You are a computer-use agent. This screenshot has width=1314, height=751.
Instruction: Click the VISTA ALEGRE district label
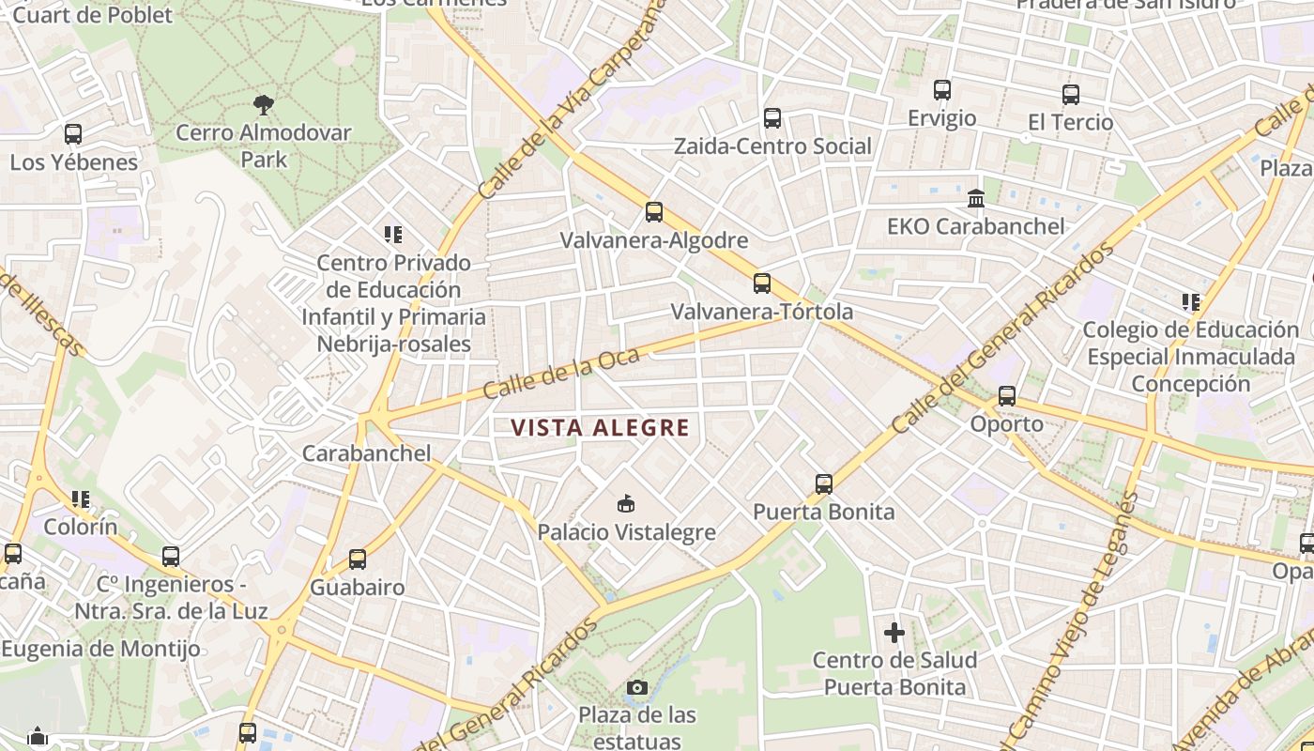(x=600, y=428)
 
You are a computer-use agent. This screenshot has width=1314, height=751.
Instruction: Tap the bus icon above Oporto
(x=1007, y=396)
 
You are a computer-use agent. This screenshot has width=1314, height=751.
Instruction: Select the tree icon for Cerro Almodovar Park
(x=264, y=104)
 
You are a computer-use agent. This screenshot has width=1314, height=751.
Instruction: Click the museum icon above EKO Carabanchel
(x=976, y=199)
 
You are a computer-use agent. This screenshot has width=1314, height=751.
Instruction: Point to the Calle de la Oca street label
(x=561, y=373)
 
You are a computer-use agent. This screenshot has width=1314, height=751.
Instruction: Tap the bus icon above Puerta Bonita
(x=824, y=484)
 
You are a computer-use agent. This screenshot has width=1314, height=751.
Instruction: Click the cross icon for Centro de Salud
(x=894, y=633)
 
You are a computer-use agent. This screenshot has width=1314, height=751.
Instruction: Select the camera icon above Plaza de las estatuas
(x=637, y=688)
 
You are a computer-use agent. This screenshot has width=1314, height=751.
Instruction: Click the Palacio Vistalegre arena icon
(x=626, y=504)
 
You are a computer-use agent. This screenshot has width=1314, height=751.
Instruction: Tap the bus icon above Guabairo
(x=358, y=559)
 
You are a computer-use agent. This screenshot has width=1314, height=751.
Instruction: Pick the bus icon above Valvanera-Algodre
(x=654, y=212)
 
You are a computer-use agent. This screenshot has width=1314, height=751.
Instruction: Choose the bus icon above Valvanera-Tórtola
(x=762, y=284)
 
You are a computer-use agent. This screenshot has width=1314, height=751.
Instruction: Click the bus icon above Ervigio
(x=942, y=90)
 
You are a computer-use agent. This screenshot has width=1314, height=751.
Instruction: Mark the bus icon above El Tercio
(x=1071, y=95)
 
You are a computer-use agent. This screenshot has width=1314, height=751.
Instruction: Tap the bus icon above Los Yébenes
(x=73, y=134)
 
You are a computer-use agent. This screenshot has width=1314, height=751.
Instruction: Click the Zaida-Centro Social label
(x=772, y=146)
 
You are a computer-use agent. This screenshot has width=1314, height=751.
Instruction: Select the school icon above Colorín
(x=81, y=499)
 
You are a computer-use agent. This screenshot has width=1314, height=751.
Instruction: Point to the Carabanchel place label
(x=366, y=453)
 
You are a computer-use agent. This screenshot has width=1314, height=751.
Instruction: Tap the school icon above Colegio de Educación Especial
(x=1191, y=302)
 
